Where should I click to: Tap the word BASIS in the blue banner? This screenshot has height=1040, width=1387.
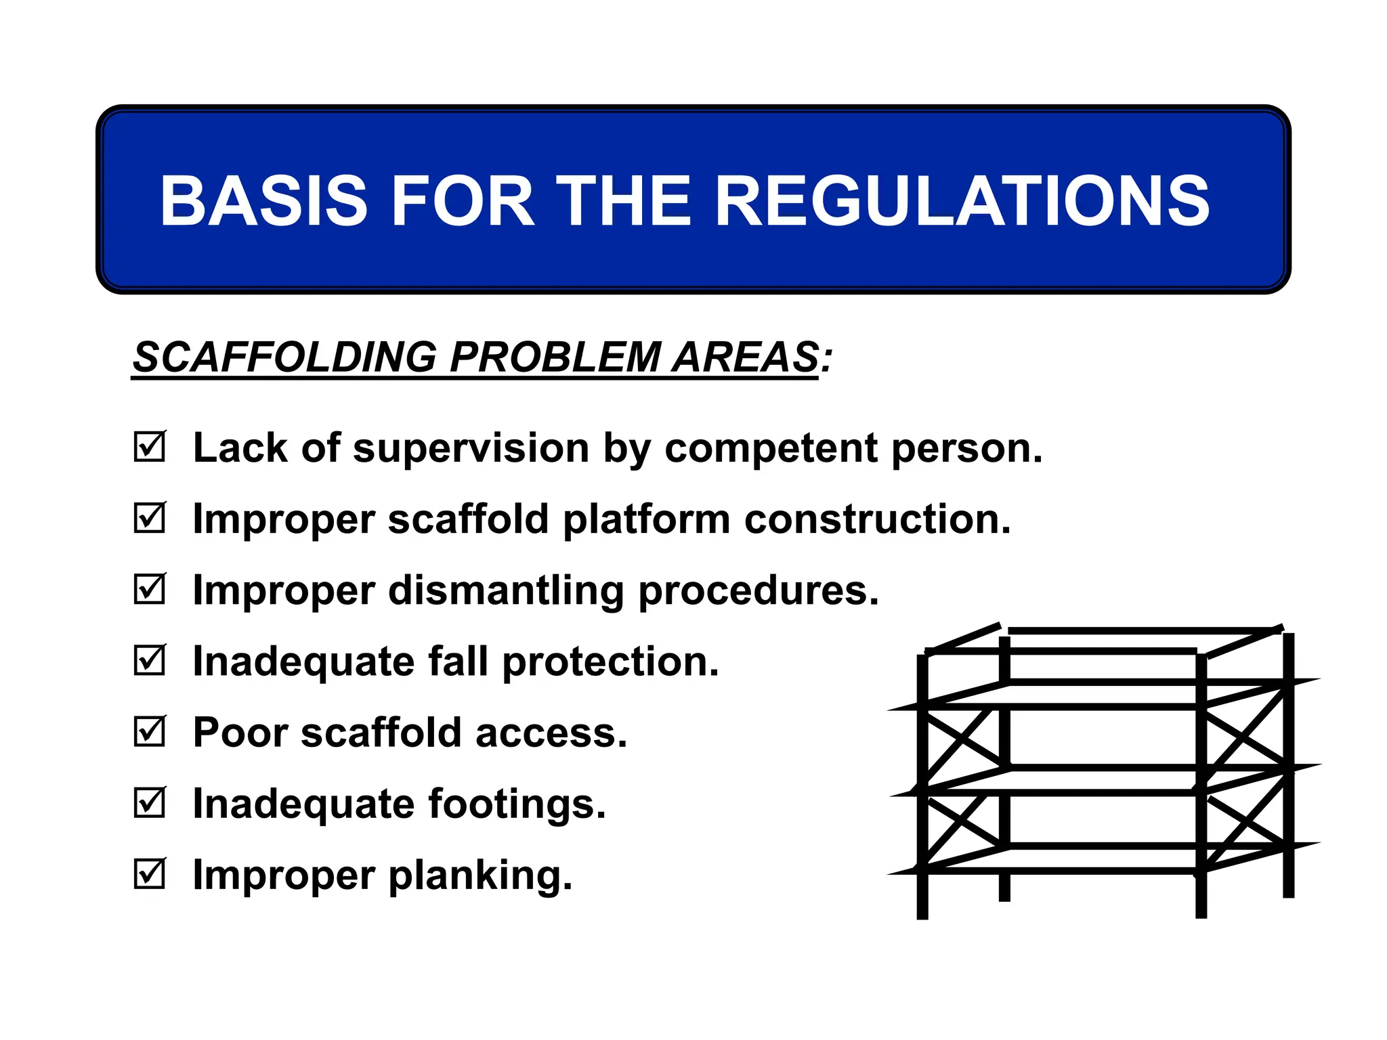click(263, 200)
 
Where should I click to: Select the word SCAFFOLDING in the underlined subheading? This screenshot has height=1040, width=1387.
click(284, 357)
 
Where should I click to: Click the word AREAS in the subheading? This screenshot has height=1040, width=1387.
click(745, 357)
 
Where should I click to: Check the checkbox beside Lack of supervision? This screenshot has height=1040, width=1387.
click(149, 447)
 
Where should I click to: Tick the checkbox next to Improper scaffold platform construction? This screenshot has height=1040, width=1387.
click(149, 518)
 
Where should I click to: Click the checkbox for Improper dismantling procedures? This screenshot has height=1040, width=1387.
click(149, 589)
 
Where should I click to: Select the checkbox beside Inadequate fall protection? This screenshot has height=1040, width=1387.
click(149, 660)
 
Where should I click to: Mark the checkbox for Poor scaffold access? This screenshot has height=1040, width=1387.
click(149, 731)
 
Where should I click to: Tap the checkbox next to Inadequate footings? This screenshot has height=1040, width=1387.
click(149, 803)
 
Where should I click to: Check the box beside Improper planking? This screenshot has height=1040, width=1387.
click(149, 874)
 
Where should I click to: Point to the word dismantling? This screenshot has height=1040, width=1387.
click(506, 590)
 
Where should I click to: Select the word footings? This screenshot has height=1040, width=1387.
click(516, 804)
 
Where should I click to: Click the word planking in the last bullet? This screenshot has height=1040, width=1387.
click(480, 876)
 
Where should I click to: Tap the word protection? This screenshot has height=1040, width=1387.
click(610, 662)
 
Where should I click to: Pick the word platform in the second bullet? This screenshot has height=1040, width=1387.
click(646, 520)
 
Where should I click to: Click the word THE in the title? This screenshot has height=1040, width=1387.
click(624, 200)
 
